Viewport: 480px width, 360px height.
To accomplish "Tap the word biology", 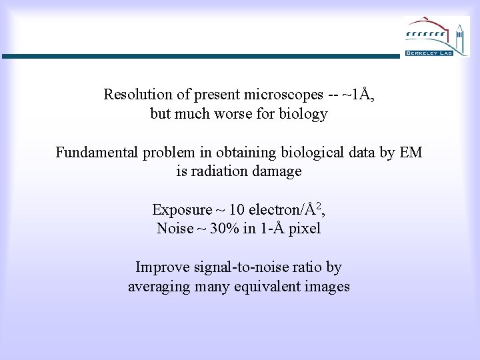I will (304, 114).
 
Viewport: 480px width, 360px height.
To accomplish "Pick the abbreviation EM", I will (411, 153).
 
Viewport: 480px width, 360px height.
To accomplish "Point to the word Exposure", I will (177, 210).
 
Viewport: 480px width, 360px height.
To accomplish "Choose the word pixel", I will (304, 229).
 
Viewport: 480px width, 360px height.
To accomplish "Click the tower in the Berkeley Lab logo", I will (459, 33).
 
